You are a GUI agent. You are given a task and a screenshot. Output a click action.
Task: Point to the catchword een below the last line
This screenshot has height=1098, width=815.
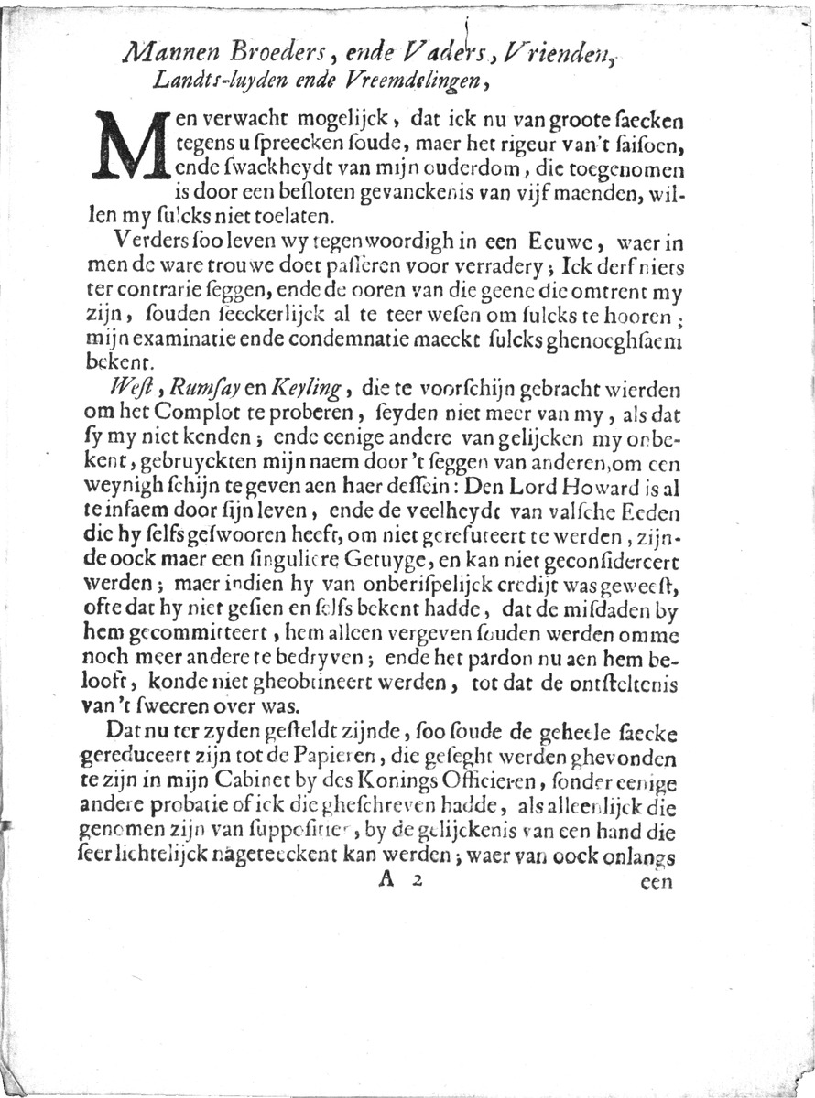click(x=657, y=884)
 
